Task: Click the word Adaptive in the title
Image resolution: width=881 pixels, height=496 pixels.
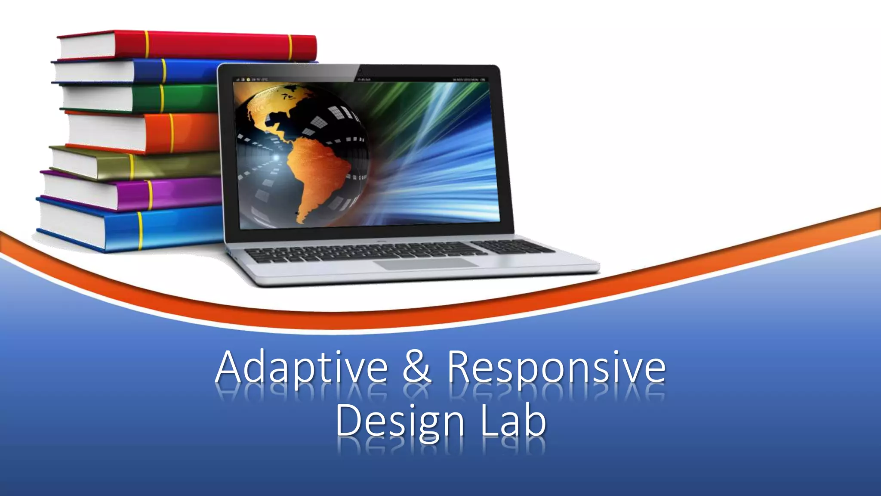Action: (301, 368)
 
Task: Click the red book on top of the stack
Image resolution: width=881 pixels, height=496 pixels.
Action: (215, 45)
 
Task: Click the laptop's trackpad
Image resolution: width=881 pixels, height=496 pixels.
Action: (426, 263)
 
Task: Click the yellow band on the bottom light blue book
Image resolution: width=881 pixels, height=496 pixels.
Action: (140, 230)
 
